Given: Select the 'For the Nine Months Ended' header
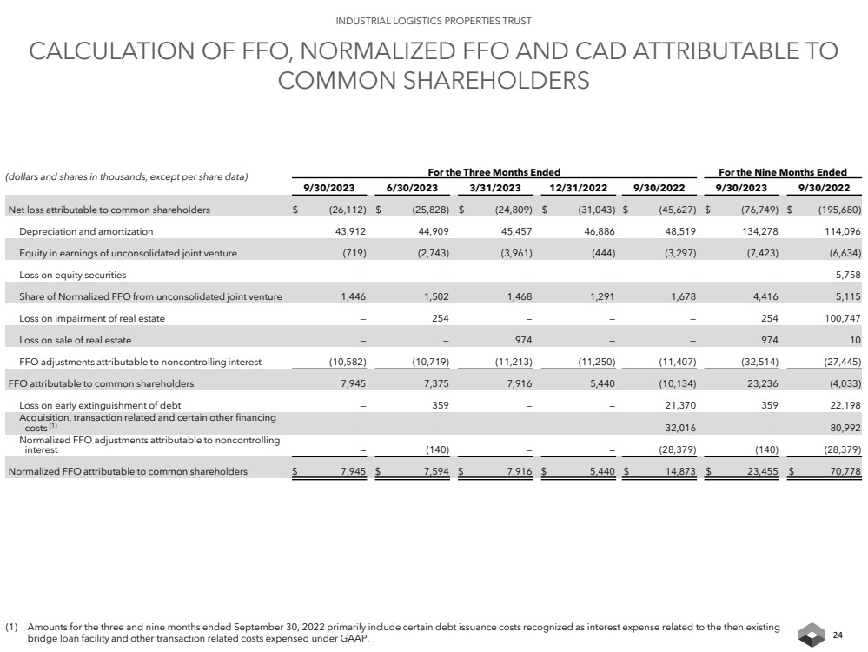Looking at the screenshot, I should [783, 172].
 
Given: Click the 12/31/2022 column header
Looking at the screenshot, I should [579, 188].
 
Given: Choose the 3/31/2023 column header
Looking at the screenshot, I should [494, 188].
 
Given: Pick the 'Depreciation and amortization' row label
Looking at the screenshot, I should [86, 231].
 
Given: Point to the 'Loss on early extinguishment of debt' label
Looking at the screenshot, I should [100, 404].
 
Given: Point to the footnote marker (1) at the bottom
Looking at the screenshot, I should [12, 626].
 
